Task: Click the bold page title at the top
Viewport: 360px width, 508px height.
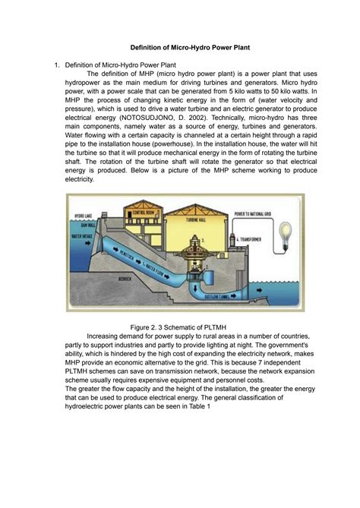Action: tap(180, 47)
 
